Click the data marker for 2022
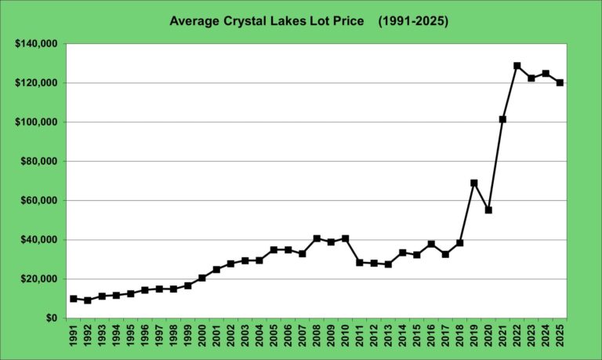pos(517,66)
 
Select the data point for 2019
pos(474,183)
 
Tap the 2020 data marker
pos(488,210)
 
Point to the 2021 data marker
pos(502,119)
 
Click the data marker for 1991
pos(74,299)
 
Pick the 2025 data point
pos(560,82)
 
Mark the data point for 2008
pos(317,238)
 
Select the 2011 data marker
pos(360,263)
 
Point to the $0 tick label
pos(51,318)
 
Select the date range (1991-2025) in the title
pos(413,21)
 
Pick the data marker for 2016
pos(431,244)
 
